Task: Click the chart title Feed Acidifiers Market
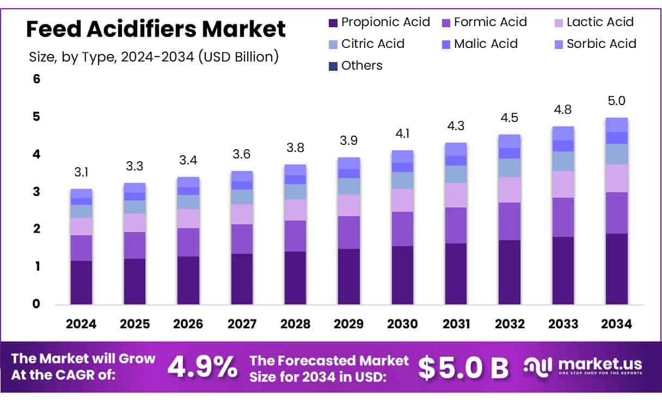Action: click(156, 29)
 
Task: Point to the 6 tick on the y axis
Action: click(36, 79)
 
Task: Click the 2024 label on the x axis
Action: click(81, 324)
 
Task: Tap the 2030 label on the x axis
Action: click(402, 324)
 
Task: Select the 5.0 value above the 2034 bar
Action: click(616, 101)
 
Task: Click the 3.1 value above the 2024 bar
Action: click(81, 173)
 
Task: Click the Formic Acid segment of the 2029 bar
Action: click(348, 233)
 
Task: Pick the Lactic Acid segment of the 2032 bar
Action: click(509, 190)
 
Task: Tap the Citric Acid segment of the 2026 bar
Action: click(188, 202)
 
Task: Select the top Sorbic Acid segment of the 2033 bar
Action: click(563, 133)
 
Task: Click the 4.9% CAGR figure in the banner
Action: click(202, 367)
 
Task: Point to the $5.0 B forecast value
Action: click(463, 368)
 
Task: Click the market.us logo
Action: click(583, 365)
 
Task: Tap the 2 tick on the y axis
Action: click(36, 229)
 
